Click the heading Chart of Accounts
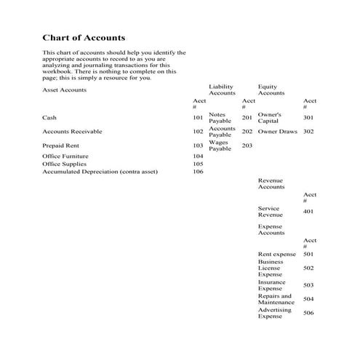click(x=84, y=38)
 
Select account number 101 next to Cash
click(x=198, y=117)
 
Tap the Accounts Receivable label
click(x=72, y=132)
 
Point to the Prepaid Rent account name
click(x=60, y=145)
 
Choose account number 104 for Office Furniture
click(x=198, y=156)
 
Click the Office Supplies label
click(x=64, y=164)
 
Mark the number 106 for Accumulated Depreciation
click(x=198, y=172)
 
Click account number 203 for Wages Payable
click(x=247, y=145)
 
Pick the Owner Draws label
click(x=278, y=132)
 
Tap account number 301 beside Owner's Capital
click(x=308, y=117)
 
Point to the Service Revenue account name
click(x=270, y=212)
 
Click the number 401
click(x=308, y=212)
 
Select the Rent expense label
click(x=277, y=254)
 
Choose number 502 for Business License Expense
click(x=308, y=268)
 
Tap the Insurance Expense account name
click(x=271, y=285)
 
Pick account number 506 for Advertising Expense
click(x=308, y=313)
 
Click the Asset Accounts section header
click(x=65, y=90)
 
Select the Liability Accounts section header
click(x=222, y=89)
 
